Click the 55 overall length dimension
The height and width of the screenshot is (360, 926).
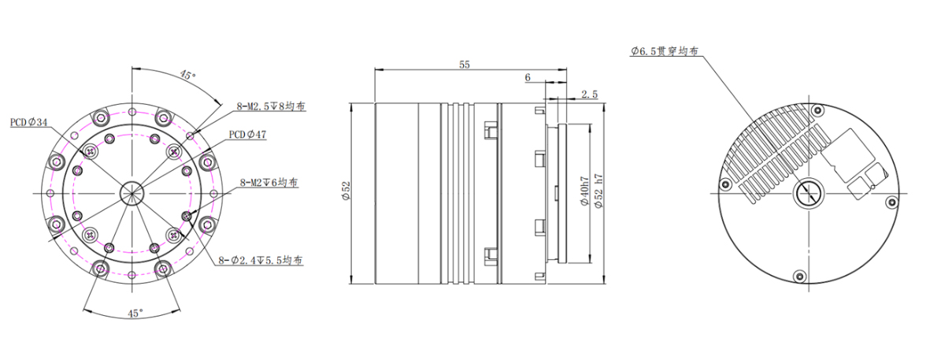coord(465,65)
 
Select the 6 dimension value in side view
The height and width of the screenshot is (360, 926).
coord(527,78)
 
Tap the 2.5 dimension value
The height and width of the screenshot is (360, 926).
coord(588,94)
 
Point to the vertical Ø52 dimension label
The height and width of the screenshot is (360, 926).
coord(345,191)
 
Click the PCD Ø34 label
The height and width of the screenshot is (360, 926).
coord(29,123)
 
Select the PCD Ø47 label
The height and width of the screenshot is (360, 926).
coord(247,135)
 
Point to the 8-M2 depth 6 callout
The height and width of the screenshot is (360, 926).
coord(269,182)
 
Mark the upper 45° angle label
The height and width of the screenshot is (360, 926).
coord(187,76)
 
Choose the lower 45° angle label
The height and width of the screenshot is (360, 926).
coord(135,313)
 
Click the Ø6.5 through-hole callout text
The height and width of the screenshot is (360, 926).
coord(665,51)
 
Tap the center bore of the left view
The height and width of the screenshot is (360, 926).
coord(131,191)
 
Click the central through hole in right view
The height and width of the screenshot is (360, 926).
coord(808,191)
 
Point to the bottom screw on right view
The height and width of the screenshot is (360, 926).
coord(799,275)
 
